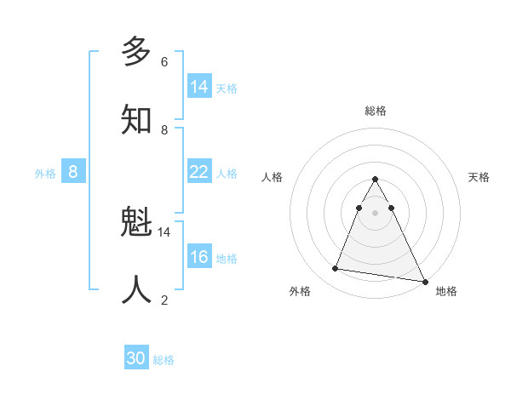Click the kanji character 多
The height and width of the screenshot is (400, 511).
[x=136, y=52]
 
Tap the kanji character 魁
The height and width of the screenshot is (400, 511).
[x=136, y=224]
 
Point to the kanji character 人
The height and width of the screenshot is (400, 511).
[x=136, y=289]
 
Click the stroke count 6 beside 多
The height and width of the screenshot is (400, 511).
[x=164, y=62]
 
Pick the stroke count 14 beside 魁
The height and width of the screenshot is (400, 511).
[x=164, y=231]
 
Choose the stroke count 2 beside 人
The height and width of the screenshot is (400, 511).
[x=164, y=300]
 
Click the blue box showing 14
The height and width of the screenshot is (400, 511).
[x=199, y=87]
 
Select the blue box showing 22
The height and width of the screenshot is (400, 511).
[x=199, y=172]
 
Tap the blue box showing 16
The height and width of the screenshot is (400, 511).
[x=199, y=257]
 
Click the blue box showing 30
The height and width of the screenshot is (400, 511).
[x=136, y=359]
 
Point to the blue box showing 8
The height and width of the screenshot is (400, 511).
[x=73, y=172]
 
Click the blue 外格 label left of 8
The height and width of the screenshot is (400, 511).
[x=45, y=174]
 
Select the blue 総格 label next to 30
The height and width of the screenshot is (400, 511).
[x=164, y=361]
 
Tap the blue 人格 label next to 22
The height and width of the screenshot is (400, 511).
[x=227, y=174]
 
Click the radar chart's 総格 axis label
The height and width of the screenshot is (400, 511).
[x=375, y=111]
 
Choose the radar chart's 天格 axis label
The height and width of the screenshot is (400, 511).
[x=479, y=177]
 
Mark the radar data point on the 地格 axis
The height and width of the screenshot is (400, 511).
[x=424, y=282]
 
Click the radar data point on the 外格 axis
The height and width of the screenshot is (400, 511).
[x=335, y=269]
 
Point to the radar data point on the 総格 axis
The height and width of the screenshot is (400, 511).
[x=375, y=180]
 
